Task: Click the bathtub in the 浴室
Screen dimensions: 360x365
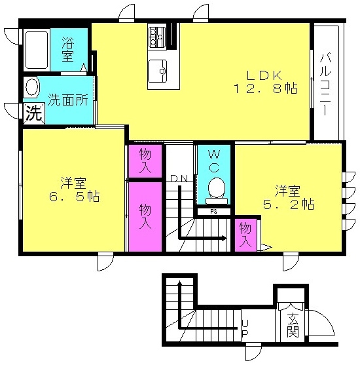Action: tap(37, 50)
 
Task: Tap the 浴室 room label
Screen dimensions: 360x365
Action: tap(68, 49)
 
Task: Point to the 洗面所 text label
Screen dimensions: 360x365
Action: tap(68, 100)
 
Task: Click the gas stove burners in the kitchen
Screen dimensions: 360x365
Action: tap(157, 37)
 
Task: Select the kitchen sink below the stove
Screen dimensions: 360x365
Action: tap(157, 71)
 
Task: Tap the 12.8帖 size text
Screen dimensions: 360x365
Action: tap(265, 88)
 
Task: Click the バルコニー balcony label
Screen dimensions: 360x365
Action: tap(325, 85)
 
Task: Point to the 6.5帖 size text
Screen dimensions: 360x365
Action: tap(75, 197)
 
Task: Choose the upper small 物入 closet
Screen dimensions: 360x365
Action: tap(145, 161)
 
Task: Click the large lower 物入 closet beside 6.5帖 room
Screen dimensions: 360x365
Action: tap(145, 217)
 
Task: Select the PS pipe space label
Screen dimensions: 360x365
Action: tap(213, 212)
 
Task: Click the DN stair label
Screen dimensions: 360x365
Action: tap(179, 178)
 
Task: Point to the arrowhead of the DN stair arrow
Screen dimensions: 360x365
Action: tap(225, 238)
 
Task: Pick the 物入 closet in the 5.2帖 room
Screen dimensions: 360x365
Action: tap(246, 235)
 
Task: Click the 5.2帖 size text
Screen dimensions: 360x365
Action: tap(289, 204)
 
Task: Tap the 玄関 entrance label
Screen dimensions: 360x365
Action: tap(293, 326)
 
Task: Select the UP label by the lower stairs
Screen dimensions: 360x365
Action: tap(245, 329)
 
